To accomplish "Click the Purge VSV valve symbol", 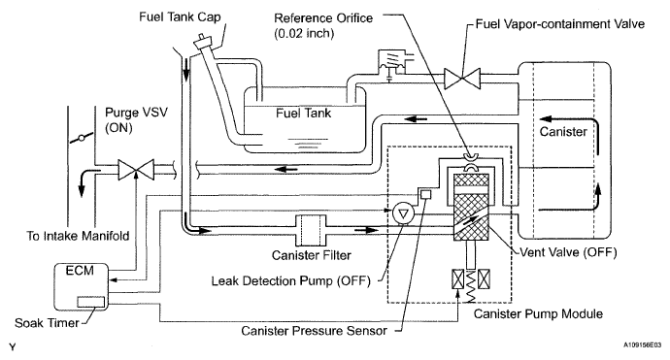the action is click(x=136, y=170).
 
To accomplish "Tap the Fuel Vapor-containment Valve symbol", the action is click(x=462, y=79).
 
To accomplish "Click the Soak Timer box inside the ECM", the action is click(x=90, y=302).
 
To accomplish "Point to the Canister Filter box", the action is click(x=311, y=230).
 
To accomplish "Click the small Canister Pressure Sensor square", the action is click(x=426, y=194).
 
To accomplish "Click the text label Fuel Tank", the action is click(x=303, y=114).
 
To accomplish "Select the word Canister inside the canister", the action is click(x=563, y=132).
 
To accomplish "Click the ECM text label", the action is click(x=80, y=271).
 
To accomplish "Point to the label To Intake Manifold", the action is click(x=78, y=236).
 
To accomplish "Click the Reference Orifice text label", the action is click(x=323, y=17).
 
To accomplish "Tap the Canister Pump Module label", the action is click(x=538, y=313).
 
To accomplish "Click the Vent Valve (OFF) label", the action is click(x=568, y=252).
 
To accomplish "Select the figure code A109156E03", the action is click(x=642, y=344).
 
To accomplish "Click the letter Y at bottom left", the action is click(x=12, y=346).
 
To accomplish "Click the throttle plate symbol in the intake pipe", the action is click(x=82, y=139).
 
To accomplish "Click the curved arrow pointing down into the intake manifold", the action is click(x=88, y=181).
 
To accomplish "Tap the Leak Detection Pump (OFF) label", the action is click(x=291, y=281).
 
